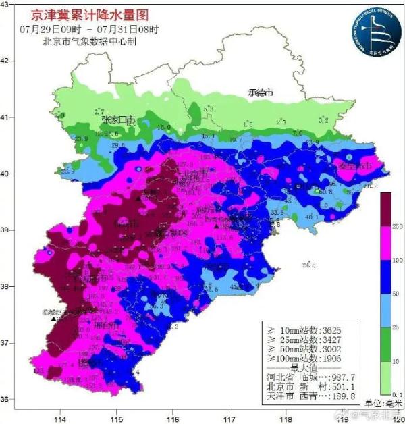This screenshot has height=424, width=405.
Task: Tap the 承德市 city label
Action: pos(260,92)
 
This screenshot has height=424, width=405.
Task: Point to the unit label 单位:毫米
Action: pos(383,403)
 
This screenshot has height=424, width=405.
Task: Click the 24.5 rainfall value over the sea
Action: pos(310,264)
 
